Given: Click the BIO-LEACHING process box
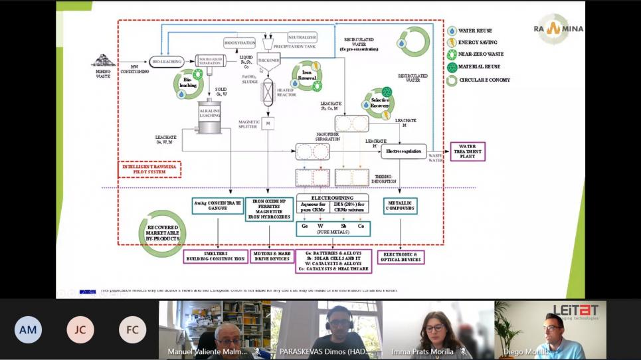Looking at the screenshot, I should click(x=167, y=62).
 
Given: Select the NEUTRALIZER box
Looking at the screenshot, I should click(x=302, y=37).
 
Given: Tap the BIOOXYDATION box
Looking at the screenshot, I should click(x=239, y=43).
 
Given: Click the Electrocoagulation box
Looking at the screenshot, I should click(x=403, y=151).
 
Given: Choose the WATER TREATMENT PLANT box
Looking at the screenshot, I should click(x=468, y=151).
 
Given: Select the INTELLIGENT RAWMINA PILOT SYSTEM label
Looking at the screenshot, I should click(x=149, y=169).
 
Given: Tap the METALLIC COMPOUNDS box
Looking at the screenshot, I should click(x=401, y=206).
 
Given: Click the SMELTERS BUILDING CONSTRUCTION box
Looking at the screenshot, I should click(x=215, y=256).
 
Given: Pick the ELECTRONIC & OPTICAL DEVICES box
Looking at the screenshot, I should click(x=401, y=257).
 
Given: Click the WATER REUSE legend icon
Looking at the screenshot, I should click(x=452, y=31).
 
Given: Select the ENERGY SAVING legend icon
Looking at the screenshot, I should click(x=452, y=43).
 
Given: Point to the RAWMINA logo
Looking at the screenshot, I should click(x=558, y=29).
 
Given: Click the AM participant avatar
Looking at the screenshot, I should click(x=28, y=329).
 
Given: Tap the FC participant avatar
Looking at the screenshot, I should click(x=132, y=329).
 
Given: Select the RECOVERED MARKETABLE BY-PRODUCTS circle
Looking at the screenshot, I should click(x=162, y=233).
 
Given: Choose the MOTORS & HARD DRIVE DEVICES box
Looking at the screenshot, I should click(x=270, y=256).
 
